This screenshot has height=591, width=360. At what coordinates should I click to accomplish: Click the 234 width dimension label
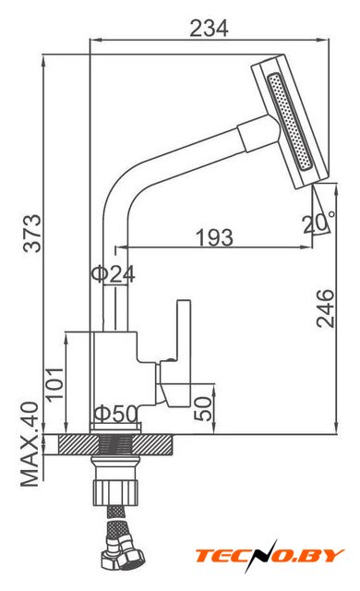click(x=209, y=29)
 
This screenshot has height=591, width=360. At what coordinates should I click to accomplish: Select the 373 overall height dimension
click(x=32, y=234)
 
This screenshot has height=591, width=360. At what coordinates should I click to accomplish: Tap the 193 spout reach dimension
click(x=214, y=237)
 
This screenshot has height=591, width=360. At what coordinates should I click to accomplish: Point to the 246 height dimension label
click(x=325, y=308)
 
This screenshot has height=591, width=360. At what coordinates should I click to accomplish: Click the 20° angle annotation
click(x=318, y=223)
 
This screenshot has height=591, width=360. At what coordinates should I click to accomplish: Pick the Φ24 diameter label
click(x=113, y=274)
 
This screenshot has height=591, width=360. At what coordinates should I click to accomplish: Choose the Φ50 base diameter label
click(x=115, y=414)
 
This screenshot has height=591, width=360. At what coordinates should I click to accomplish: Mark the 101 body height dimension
click(x=54, y=384)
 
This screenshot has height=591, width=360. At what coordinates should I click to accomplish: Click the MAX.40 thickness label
click(x=30, y=444)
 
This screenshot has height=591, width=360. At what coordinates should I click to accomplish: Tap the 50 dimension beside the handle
click(x=203, y=408)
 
